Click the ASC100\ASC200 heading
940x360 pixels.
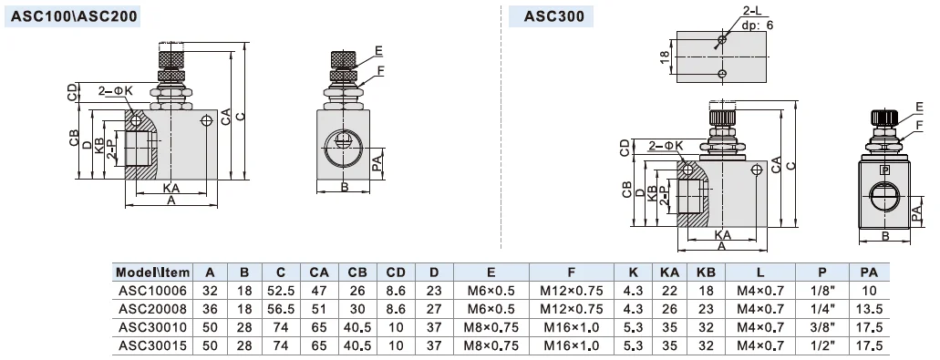click(x=73, y=16)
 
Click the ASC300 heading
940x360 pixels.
click(x=554, y=16)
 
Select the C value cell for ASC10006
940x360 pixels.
click(x=281, y=291)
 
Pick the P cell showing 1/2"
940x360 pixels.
click(x=821, y=345)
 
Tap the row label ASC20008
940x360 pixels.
click(x=152, y=309)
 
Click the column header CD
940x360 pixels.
click(x=396, y=273)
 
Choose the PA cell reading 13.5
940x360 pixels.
click(x=869, y=309)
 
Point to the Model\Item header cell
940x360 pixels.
click(x=152, y=273)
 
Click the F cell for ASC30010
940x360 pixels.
click(x=572, y=328)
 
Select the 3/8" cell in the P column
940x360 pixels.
click(x=821, y=328)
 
